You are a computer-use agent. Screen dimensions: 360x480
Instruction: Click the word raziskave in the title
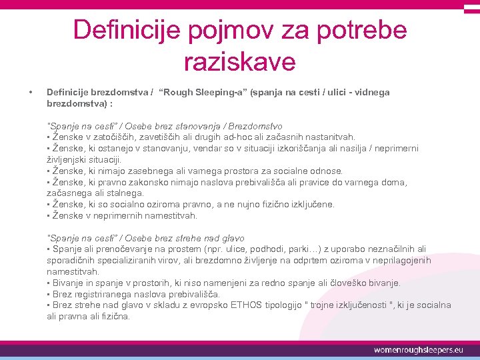(x=239, y=61)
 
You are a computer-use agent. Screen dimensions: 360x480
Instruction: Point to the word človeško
(x=344, y=283)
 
